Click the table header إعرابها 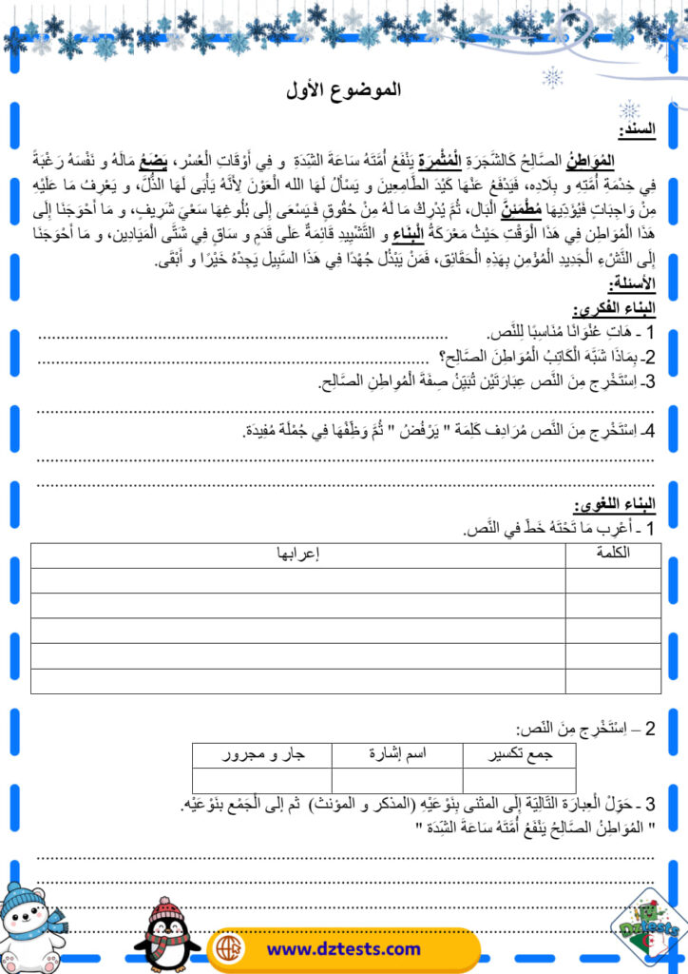tap(297, 554)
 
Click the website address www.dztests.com tap(343, 948)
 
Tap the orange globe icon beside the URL tap(229, 948)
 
